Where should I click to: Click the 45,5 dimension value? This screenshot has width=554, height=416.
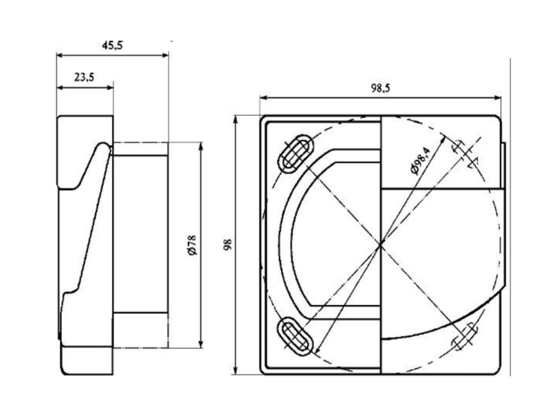coord(113,46)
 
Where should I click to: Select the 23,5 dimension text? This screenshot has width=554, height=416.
coord(84,77)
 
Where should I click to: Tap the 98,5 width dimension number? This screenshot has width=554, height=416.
coord(381,88)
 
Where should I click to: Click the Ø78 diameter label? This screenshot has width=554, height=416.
coord(192,245)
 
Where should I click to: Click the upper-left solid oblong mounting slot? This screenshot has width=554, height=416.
coord(294,153)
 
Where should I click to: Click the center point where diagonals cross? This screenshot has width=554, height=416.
coord(380,244)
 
